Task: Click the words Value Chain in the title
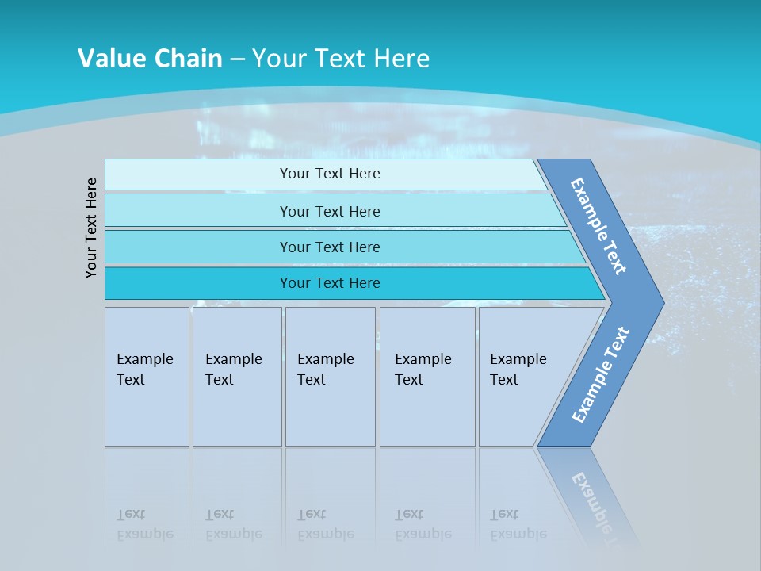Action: (150, 59)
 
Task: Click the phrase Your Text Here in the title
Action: (341, 59)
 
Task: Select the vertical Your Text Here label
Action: (91, 228)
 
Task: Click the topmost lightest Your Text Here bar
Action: (329, 174)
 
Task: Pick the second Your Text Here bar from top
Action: (329, 211)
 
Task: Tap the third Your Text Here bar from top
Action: (329, 247)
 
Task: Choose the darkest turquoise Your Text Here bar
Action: (329, 283)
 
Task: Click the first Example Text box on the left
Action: (147, 377)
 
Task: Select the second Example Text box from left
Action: (236, 377)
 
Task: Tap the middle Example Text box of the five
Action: (329, 377)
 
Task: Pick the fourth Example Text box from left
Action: (426, 377)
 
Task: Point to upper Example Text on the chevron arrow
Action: (599, 226)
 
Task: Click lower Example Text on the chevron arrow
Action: (600, 374)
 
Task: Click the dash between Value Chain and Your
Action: (237, 59)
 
